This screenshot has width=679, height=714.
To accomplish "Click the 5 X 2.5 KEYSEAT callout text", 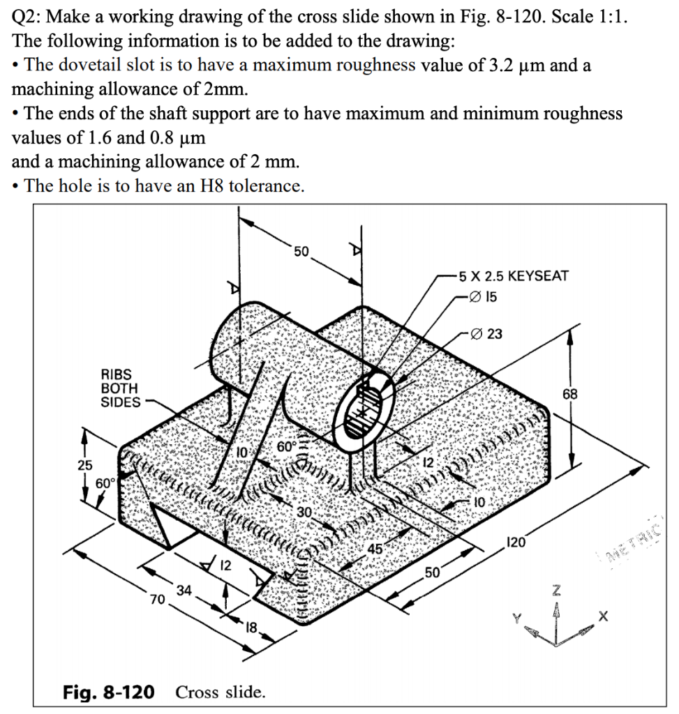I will click(x=512, y=275).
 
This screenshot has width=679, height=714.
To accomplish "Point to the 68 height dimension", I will click(x=571, y=395).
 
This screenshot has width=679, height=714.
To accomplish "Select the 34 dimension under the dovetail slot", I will click(x=184, y=591).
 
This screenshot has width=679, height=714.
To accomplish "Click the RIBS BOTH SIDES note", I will click(x=120, y=388).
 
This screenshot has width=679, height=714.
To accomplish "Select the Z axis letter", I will click(x=556, y=591).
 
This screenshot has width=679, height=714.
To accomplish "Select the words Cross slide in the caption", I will click(x=221, y=692).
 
